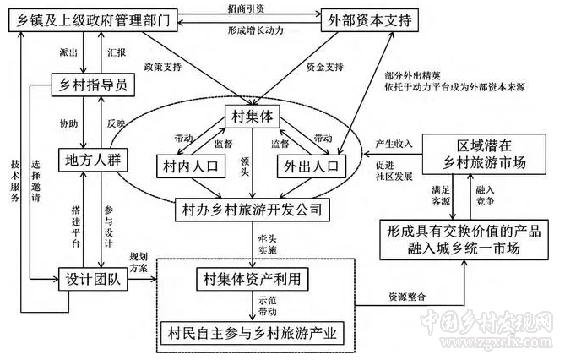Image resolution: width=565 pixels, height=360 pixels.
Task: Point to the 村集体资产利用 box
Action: click(247, 277)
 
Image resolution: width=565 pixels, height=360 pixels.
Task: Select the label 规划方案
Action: click(139, 259)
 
